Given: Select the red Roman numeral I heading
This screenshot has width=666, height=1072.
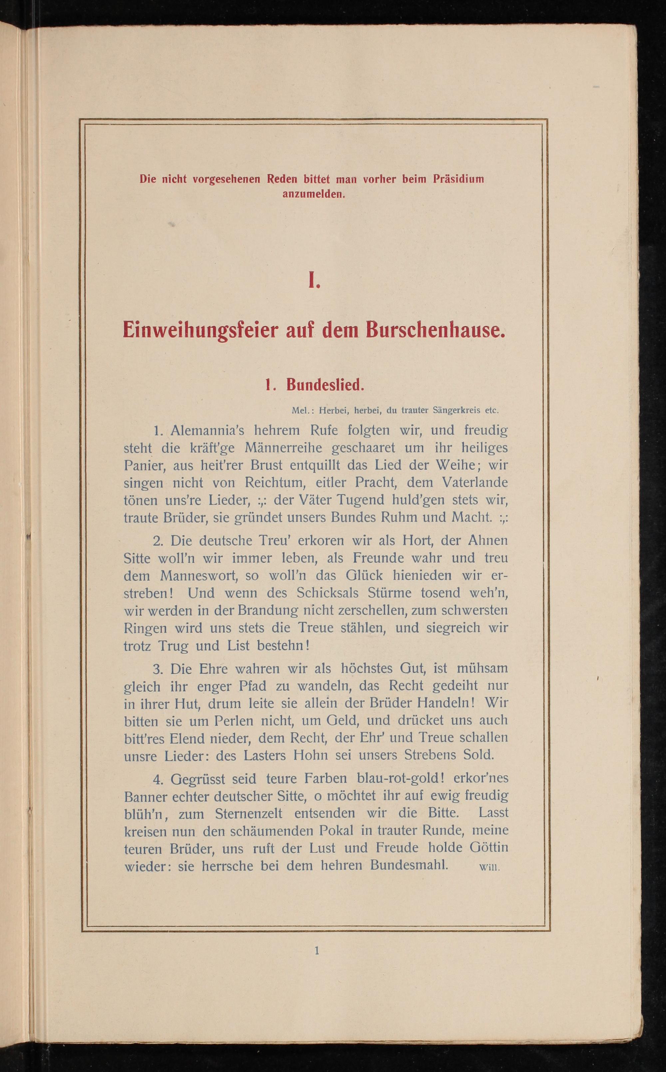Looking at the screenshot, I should point(314,280).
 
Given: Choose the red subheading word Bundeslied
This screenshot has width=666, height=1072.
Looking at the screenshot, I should point(325,385).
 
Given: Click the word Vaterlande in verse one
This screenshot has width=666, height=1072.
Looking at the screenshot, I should point(475,482).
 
